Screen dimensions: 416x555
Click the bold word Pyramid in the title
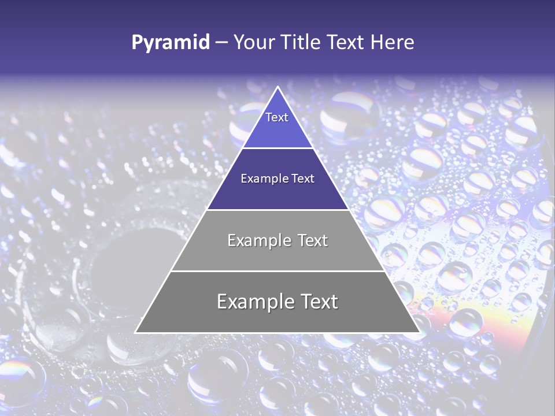pyautogui.click(x=170, y=42)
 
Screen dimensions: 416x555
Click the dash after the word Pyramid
pyautogui.click(x=221, y=43)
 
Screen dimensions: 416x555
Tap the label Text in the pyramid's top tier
pyautogui.click(x=277, y=117)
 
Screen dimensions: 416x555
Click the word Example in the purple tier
pyautogui.click(x=264, y=179)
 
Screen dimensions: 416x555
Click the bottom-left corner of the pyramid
pyautogui.click(x=136, y=332)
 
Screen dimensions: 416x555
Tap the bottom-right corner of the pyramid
pyautogui.click(x=419, y=332)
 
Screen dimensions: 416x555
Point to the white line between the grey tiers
pyautogui.click(x=277, y=271)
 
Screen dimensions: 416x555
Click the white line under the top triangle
pyautogui.click(x=277, y=148)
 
